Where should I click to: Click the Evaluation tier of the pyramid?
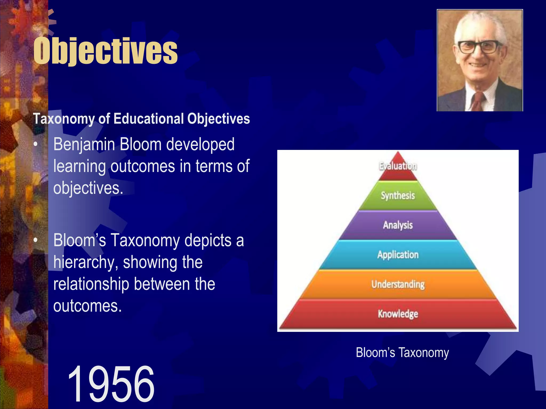(x=398, y=166)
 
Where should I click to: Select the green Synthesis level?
(x=398, y=196)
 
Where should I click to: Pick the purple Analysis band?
(x=398, y=225)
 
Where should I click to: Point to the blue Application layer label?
(x=398, y=255)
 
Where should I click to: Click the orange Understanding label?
(x=398, y=284)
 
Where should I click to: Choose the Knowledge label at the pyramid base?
(x=398, y=314)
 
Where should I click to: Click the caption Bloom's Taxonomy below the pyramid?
(x=402, y=353)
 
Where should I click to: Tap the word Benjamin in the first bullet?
(x=84, y=145)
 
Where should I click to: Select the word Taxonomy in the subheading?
(x=63, y=119)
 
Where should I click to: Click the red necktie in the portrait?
(x=478, y=101)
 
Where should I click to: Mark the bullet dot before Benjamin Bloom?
(x=35, y=145)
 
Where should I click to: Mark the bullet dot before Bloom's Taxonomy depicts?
(x=35, y=240)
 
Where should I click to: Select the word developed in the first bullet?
(x=200, y=145)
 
